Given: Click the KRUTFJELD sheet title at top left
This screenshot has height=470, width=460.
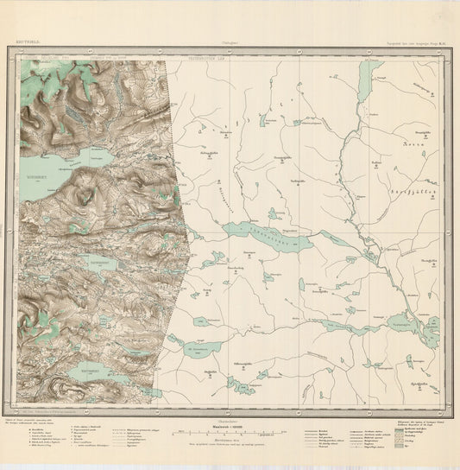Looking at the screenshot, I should pos(28,40).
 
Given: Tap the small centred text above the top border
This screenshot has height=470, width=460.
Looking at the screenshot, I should pos(230,40).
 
